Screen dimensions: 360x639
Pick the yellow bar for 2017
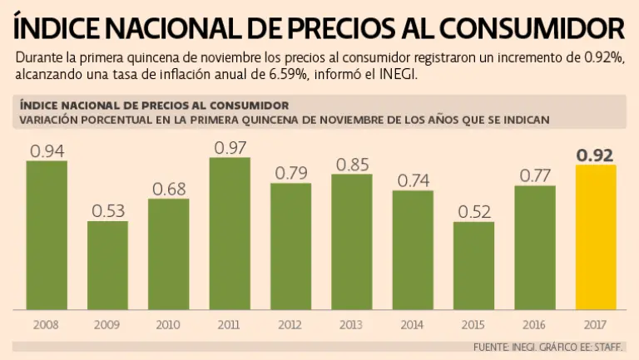pyautogui.click(x=596, y=236)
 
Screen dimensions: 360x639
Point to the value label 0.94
pyautogui.click(x=47, y=151)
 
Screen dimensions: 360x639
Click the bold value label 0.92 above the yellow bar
pyautogui.click(x=596, y=155)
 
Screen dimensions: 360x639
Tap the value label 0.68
pyautogui.click(x=169, y=189)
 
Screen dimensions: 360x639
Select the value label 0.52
pyautogui.click(x=474, y=211)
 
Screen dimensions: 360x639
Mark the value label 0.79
pyautogui.click(x=290, y=173)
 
